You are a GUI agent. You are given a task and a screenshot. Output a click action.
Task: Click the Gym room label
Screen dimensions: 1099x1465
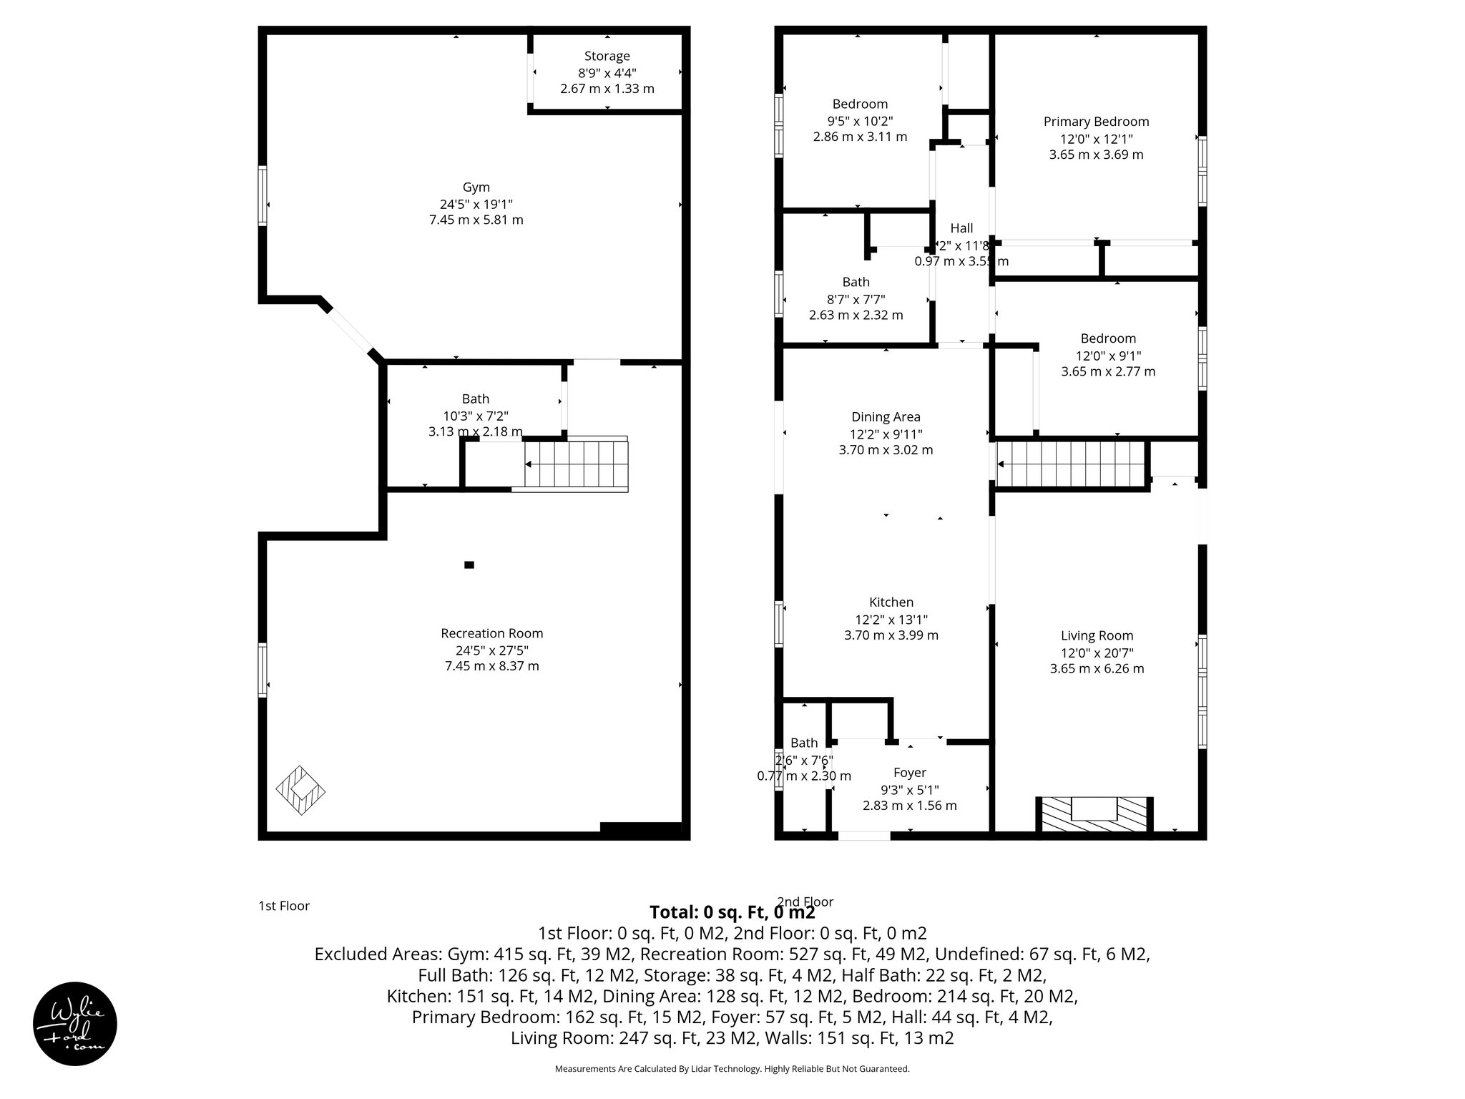[x=476, y=187]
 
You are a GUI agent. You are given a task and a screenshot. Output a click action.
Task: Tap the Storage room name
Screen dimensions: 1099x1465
[x=607, y=57]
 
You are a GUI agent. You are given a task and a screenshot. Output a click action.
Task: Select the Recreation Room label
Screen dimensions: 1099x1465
[x=491, y=633]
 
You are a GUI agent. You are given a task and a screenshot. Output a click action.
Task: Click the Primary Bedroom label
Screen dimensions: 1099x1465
[x=1096, y=122]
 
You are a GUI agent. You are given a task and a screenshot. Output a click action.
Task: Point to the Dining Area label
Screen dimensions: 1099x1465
[x=886, y=417]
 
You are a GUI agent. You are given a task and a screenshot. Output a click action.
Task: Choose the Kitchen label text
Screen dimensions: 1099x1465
[x=891, y=602]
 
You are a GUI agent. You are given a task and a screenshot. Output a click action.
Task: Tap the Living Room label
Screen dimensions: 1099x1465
[x=1097, y=635]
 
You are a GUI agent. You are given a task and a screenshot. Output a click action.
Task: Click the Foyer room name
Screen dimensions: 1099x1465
[x=909, y=773]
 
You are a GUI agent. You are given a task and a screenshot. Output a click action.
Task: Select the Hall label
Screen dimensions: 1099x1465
[x=961, y=228]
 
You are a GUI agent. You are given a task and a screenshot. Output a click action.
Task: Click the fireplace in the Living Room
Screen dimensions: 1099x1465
[x=1094, y=814]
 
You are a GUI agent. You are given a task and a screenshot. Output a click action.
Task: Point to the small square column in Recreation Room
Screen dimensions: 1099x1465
[x=469, y=565]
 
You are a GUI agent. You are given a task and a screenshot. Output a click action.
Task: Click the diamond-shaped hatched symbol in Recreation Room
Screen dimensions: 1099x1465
[x=300, y=791]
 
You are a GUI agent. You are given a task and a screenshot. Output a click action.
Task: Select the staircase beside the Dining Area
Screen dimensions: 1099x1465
[x=1071, y=464]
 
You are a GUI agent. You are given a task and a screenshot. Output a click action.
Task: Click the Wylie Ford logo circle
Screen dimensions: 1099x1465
[x=75, y=1023]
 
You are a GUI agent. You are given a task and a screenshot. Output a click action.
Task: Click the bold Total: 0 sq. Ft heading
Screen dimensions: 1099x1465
[x=732, y=912]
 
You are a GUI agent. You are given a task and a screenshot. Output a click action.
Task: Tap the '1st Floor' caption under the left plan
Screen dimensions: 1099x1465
[x=284, y=906]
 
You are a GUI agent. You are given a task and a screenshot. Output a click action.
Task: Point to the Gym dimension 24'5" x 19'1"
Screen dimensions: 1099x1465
[x=476, y=204]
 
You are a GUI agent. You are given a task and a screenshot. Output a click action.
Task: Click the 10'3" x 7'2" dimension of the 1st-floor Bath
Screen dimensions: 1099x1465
[x=476, y=416]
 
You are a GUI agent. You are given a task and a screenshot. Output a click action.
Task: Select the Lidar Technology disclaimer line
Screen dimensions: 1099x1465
[x=732, y=1069]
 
